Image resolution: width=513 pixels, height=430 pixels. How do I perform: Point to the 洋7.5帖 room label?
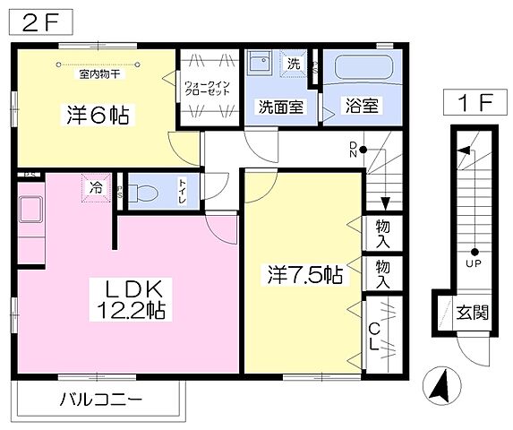[x=304, y=274]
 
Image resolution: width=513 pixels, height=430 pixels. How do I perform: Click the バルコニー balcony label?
[x=100, y=399]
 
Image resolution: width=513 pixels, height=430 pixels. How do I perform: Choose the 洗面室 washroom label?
[x=280, y=106]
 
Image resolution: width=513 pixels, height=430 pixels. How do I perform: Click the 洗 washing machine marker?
[x=294, y=64]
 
